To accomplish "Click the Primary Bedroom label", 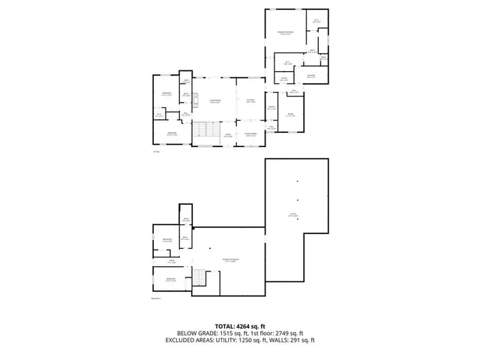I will (284, 33).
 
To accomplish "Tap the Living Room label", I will (214, 103).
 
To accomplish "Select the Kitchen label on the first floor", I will (250, 103).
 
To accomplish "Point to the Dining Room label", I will (250, 135).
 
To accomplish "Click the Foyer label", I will (227, 136).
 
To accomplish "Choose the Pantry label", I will (272, 108).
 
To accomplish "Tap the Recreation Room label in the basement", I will (229, 260).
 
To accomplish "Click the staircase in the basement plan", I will (199, 280).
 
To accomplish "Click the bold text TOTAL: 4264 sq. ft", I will (240, 326).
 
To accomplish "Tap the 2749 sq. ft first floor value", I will (288, 333).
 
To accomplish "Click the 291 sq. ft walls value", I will (303, 340).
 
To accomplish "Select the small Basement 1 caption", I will (157, 298).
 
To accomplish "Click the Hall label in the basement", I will (171, 262).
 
